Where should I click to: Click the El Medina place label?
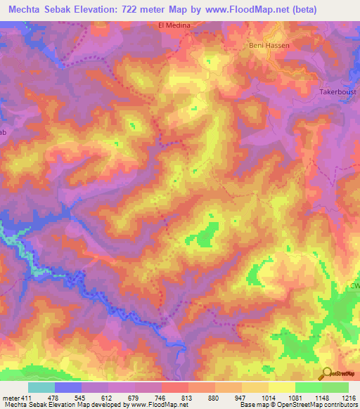pyautogui.click(x=174, y=25)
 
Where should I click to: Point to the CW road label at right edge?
pyautogui.click(x=354, y=285)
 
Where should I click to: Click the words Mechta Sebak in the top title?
pyautogui.click(x=41, y=9)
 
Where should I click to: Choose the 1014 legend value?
pyautogui.click(x=268, y=398)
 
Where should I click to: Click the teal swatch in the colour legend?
pyautogui.click(x=41, y=387)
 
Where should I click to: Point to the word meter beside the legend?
pyautogui.click(x=11, y=398)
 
